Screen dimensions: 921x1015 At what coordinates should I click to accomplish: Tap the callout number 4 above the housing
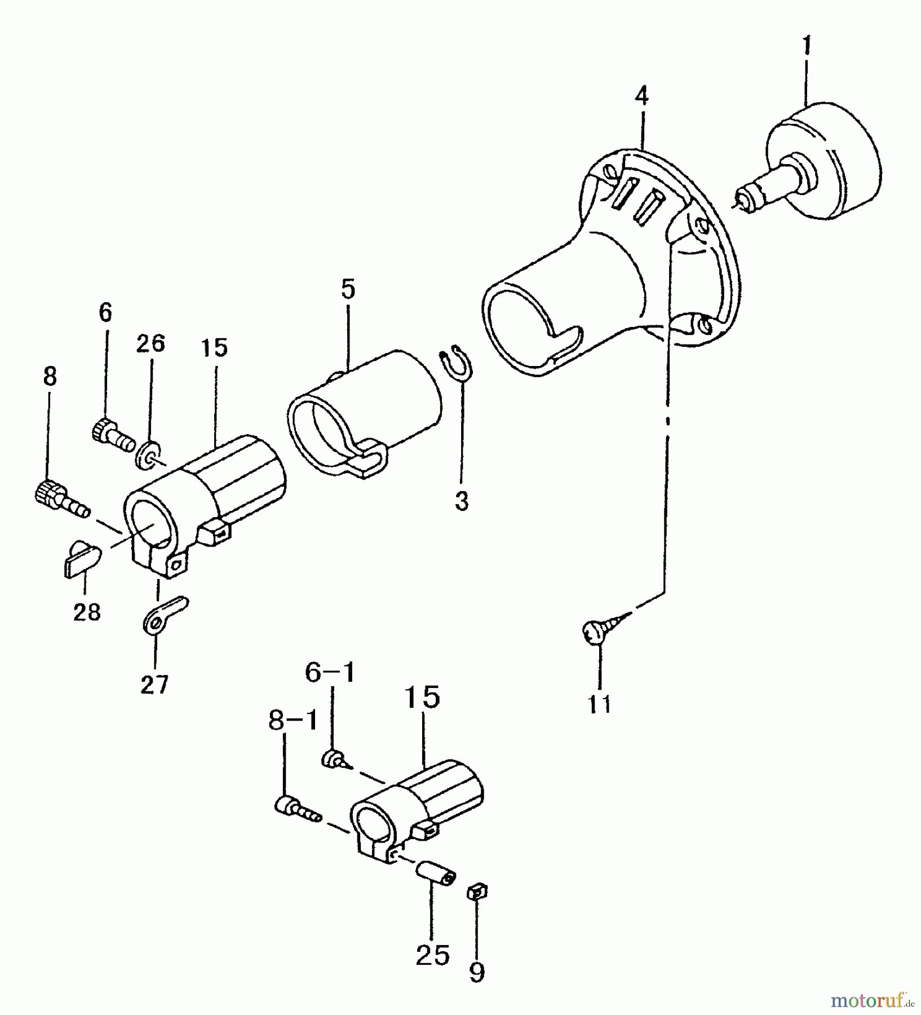(641, 96)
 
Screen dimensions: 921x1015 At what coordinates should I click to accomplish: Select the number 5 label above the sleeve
(348, 289)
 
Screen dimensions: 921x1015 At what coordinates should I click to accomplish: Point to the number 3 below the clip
(462, 501)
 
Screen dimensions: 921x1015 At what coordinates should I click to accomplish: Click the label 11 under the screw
(600, 704)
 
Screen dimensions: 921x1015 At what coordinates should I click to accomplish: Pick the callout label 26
(150, 343)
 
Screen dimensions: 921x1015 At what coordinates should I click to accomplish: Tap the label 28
(87, 612)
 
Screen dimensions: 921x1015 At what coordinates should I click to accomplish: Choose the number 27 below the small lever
(154, 685)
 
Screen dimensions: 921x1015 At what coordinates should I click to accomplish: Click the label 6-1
(330, 672)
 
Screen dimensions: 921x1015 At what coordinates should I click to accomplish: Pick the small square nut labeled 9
(477, 892)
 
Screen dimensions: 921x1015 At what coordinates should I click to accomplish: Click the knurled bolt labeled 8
(61, 497)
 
